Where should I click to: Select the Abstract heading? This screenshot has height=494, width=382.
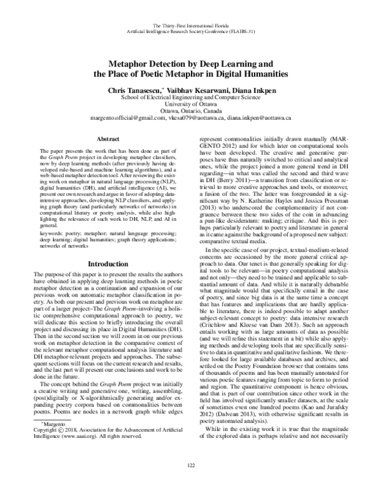pyautogui.click(x=108, y=138)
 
